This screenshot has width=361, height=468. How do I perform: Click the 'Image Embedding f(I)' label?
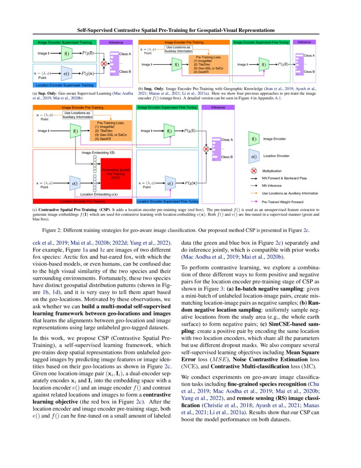pos(98,152)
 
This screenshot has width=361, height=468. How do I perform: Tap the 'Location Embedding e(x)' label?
pos(99,194)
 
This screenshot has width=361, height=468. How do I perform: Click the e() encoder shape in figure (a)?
pos(67,73)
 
